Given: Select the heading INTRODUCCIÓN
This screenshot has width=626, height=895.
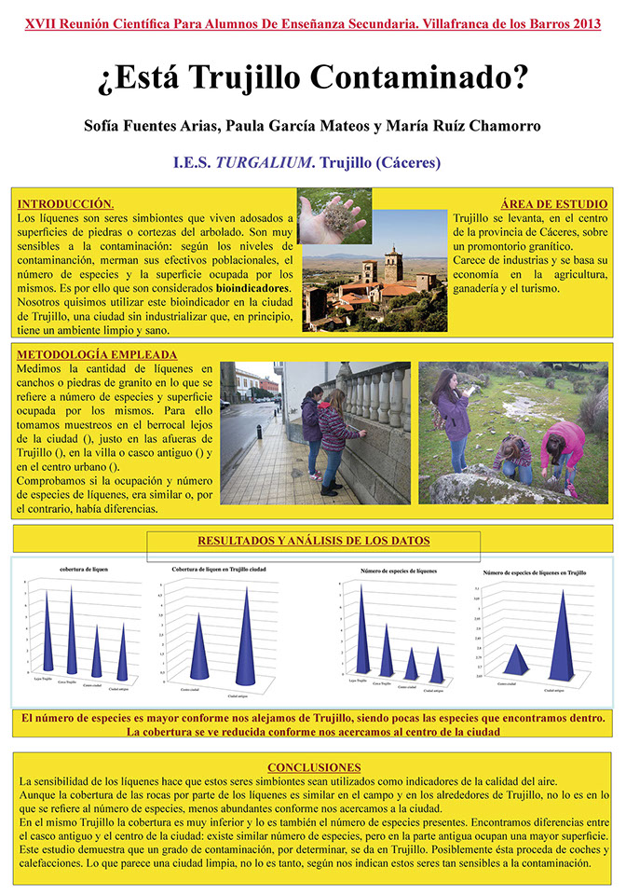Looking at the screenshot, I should click(x=66, y=203).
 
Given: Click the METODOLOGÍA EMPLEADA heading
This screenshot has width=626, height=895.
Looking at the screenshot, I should click(x=98, y=354).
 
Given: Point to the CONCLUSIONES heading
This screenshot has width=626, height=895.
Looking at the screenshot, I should click(x=312, y=766).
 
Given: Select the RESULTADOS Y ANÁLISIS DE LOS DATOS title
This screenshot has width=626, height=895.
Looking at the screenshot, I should click(x=313, y=540).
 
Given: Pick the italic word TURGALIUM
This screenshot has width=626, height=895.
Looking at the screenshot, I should click(x=265, y=162).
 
